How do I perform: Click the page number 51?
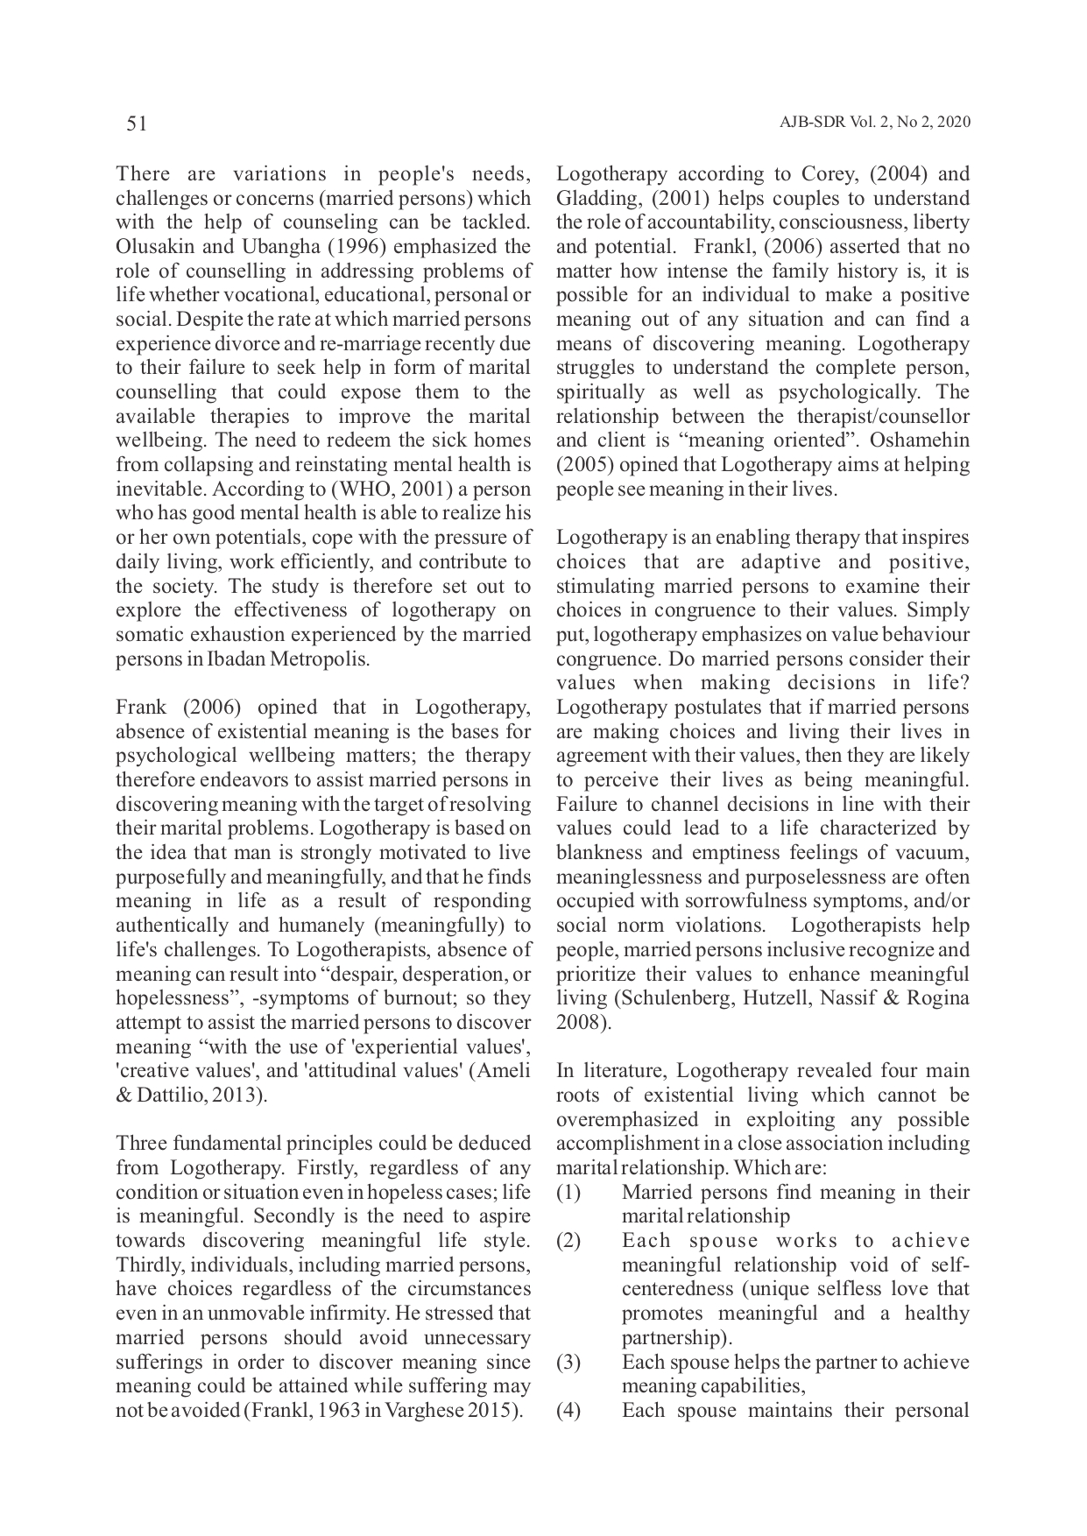137,124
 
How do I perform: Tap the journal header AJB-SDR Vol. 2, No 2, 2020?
874,123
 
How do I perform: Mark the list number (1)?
569,1193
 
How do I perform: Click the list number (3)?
569,1363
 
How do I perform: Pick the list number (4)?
569,1411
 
